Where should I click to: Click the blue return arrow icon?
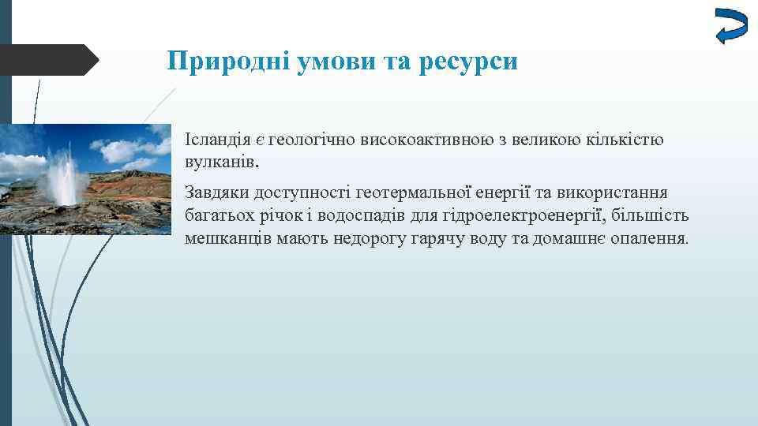(x=730, y=26)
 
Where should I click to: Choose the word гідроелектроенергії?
(x=500, y=215)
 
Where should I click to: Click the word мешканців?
(x=227, y=237)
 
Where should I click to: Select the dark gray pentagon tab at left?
(x=47, y=60)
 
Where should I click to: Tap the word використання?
(x=607, y=193)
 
